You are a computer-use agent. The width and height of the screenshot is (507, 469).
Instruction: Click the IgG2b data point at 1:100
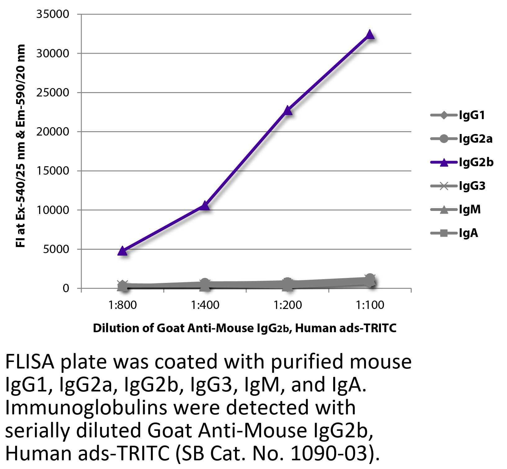[x=370, y=35]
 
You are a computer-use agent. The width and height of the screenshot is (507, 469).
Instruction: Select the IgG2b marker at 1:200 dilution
[x=287, y=111]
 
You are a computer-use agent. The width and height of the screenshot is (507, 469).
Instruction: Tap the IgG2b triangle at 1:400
[x=205, y=206]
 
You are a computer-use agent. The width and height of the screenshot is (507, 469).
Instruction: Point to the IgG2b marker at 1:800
[x=123, y=251]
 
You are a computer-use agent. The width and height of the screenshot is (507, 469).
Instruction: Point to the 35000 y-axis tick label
[x=53, y=15]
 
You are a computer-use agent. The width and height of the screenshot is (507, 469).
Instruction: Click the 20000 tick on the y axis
[x=53, y=132]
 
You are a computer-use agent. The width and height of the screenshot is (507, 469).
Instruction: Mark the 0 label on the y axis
[x=66, y=288]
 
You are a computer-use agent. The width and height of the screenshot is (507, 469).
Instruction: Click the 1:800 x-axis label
[x=123, y=305]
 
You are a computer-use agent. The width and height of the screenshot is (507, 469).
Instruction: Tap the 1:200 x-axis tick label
[x=287, y=305]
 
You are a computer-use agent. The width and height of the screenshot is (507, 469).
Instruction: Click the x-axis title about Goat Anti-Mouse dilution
[x=245, y=328]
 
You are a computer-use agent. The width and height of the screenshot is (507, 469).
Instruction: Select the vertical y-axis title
[x=20, y=146]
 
